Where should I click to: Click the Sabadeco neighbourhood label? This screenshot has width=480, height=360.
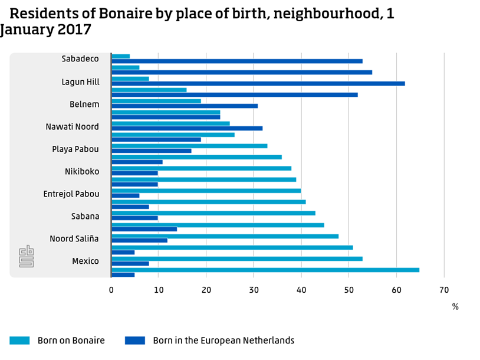pos(80,59)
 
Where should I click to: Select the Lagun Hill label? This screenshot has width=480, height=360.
pos(80,82)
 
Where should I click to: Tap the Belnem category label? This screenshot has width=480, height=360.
pos(84,104)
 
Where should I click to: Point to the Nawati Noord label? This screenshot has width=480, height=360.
pos(73,127)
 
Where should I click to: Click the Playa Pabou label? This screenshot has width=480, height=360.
pos(75,149)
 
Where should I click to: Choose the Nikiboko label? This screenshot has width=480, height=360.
pos(82,172)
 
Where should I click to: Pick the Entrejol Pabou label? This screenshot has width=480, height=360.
pos(71,194)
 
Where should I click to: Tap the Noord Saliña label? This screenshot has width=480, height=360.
pos(74,239)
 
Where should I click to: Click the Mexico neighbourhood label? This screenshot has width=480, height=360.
pos(86,261)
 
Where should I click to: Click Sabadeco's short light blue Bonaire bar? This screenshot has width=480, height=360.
pos(120,57)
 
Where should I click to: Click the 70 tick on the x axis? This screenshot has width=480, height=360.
pos(444,290)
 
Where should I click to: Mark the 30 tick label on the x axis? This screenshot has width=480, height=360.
pos(254,290)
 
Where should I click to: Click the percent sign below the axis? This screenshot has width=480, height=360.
pos(455,307)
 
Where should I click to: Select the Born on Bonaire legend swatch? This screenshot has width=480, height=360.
pos(19,341)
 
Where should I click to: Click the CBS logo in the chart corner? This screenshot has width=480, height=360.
pos(27,257)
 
